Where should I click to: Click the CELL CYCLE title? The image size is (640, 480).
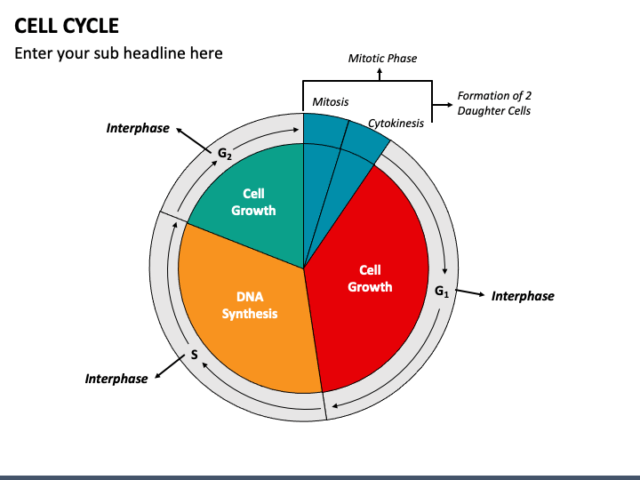coord(67,26)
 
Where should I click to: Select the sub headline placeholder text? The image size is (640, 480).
coord(118,53)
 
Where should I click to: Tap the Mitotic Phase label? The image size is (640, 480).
coord(382,59)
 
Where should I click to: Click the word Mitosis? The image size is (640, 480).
coord(330,101)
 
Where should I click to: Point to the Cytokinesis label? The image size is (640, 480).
coord(396,124)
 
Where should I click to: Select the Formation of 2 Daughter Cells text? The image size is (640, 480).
coord(494,103)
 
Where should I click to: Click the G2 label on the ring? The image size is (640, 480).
coord(225,154)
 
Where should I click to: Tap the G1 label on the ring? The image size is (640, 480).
coord(442,292)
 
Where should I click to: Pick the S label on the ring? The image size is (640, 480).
coord(195,355)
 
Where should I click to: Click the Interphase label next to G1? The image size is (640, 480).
coord(523,296)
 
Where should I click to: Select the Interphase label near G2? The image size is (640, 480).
coord(138,128)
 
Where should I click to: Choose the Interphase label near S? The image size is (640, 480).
coord(116,379)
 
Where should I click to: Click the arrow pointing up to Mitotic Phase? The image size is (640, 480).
coord(380,75)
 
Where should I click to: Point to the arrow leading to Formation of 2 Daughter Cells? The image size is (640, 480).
coord(443,105)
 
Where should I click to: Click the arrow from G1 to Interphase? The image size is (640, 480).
coord(470,292)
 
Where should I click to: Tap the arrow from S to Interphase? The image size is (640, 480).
coord(170,367)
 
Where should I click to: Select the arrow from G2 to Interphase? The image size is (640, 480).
coord(194,140)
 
